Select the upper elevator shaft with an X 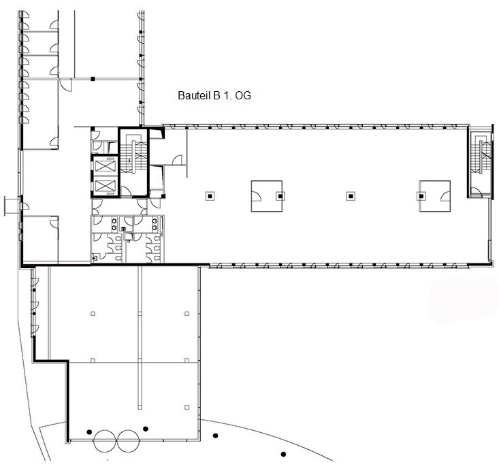106,166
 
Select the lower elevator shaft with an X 106,185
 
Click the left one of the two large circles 104,440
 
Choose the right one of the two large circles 128,440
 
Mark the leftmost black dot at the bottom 89,431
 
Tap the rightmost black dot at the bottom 283,454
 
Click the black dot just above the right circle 146,429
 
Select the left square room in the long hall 267,196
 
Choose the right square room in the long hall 435,196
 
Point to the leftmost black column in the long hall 210,196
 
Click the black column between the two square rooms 351,196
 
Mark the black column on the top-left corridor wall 93,78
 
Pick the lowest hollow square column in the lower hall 187,407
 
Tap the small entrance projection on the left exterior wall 12,206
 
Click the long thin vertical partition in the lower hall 140,338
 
